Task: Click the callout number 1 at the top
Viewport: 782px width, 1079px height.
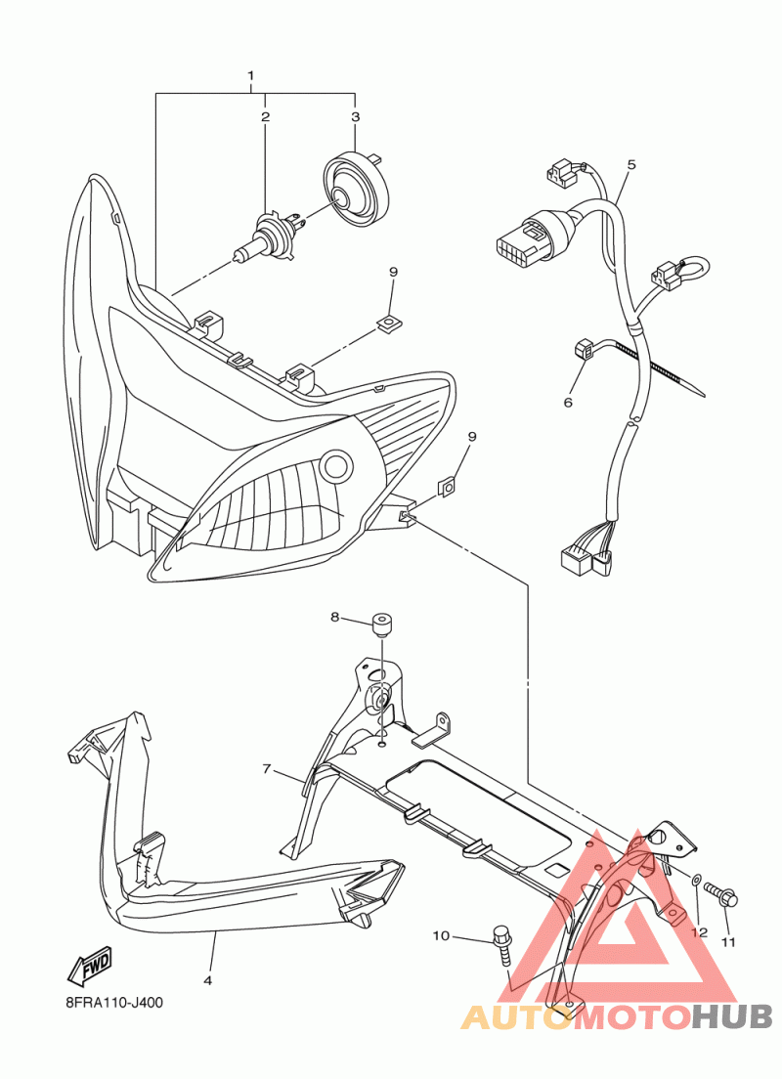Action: pos(251,75)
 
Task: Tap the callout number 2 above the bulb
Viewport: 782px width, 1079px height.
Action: pos(265,116)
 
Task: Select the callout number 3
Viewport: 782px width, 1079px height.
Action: pos(355,116)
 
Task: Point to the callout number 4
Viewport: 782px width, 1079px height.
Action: pos(207,979)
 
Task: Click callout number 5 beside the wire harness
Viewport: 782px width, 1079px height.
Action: pos(631,164)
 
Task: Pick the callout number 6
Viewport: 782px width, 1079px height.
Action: pos(567,402)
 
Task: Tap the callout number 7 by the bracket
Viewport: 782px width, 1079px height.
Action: pos(266,768)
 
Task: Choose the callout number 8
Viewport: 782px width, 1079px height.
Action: pos(334,617)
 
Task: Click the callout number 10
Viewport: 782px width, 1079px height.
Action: pos(440,935)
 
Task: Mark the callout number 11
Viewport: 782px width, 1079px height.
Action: pos(728,942)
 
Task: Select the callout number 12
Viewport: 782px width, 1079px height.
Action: pos(699,932)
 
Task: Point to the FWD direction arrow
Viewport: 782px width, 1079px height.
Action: pos(89,965)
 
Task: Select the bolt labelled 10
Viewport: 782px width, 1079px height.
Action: pos(502,939)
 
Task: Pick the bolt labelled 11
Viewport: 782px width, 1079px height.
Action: pos(723,894)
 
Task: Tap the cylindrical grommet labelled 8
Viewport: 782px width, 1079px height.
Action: pos(381,622)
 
